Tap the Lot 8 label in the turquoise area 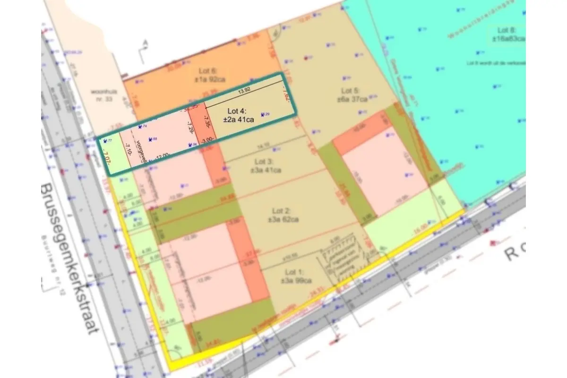click(x=507, y=34)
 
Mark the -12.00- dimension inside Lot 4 click(x=162, y=157)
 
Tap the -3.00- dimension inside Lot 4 click(x=208, y=140)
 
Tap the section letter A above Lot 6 click(x=145, y=43)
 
